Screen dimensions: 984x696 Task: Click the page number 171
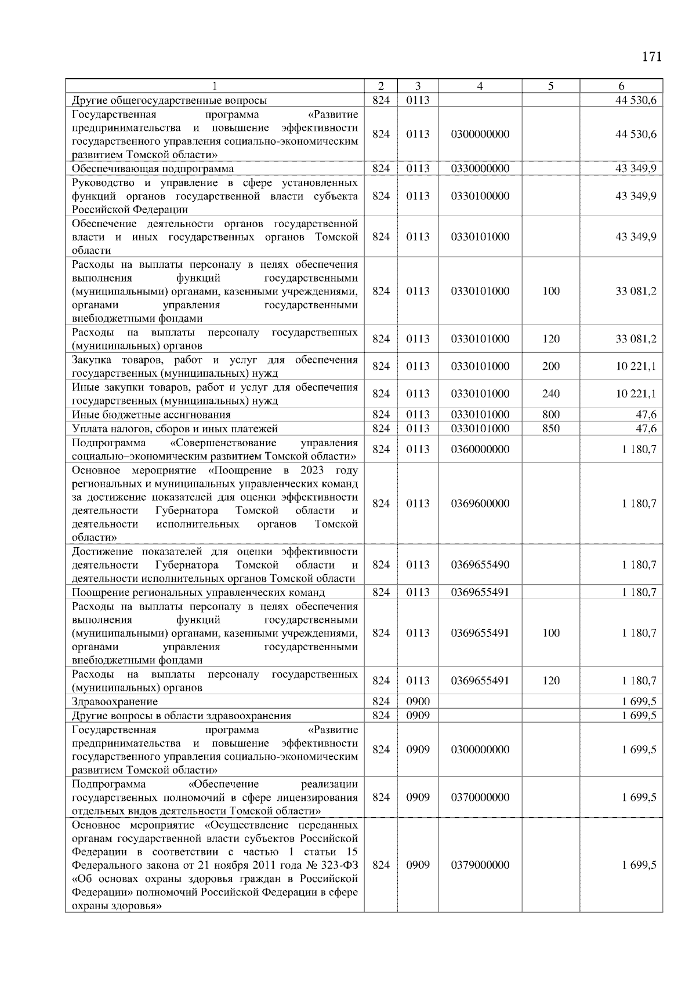[x=651, y=57]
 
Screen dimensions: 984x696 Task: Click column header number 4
[x=480, y=86]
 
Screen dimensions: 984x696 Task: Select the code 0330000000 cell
[x=480, y=169]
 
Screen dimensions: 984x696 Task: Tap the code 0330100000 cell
[x=480, y=196]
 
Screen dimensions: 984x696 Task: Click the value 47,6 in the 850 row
[x=646, y=429]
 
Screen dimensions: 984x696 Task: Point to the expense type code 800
[x=550, y=415]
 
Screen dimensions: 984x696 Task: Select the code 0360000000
[x=480, y=449]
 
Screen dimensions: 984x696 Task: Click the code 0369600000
[x=480, y=504]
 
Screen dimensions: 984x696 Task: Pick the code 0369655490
[x=480, y=565]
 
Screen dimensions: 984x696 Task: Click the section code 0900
[x=418, y=702]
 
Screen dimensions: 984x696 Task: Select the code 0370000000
[x=480, y=797]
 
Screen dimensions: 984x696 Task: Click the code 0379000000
[x=480, y=865]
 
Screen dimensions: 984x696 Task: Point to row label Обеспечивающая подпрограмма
[x=153, y=169]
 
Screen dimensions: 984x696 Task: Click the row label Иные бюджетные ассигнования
[x=151, y=415]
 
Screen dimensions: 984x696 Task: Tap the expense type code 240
[x=550, y=394]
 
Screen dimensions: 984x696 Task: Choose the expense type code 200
[x=550, y=366]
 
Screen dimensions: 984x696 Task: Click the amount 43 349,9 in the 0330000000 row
[x=636, y=169]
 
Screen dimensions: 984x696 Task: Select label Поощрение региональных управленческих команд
[x=198, y=592]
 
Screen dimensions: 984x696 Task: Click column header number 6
[x=621, y=86]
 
